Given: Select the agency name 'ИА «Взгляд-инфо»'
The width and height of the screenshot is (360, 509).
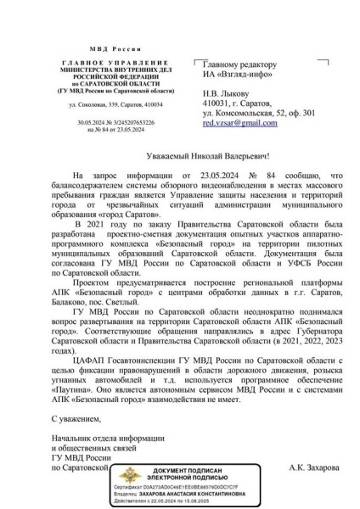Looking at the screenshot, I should tap(233, 75).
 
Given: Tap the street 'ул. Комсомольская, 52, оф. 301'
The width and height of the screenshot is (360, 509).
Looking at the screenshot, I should tap(258, 112).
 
